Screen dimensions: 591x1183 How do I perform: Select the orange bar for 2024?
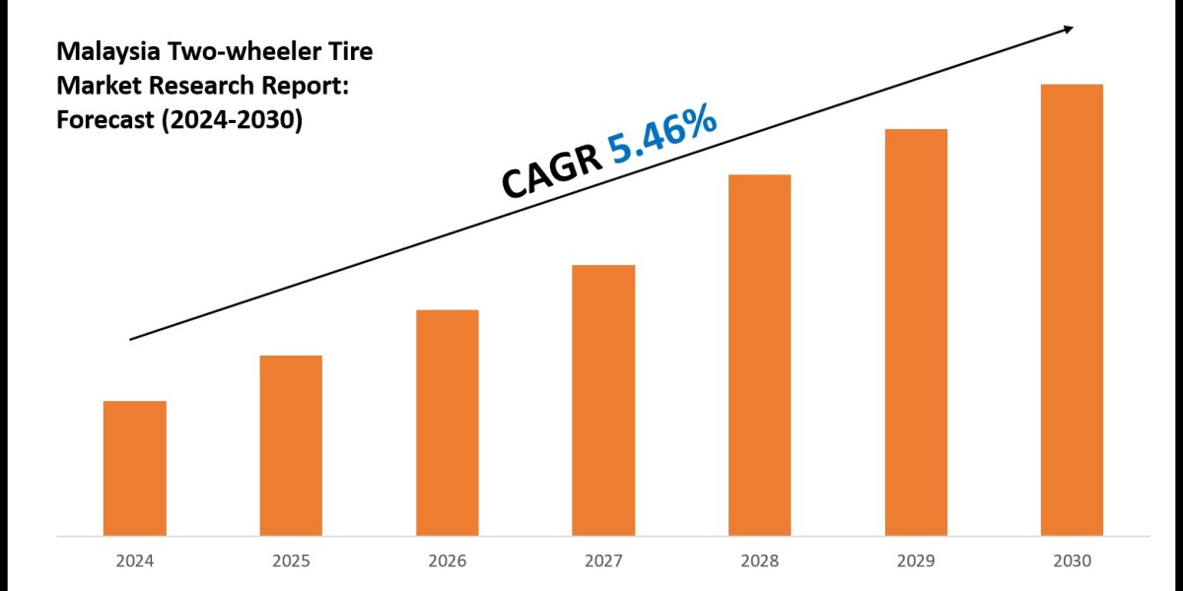click(134, 468)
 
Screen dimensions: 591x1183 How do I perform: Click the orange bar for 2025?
click(291, 445)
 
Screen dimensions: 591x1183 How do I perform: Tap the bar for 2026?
click(448, 423)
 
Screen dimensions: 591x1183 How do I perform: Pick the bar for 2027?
click(603, 400)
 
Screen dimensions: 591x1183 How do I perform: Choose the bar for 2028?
click(759, 355)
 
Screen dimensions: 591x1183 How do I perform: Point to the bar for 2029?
click(916, 332)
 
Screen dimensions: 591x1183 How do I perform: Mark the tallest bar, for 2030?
click(1072, 309)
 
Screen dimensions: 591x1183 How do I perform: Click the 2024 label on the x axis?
click(134, 560)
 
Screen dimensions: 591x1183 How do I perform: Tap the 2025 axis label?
click(291, 560)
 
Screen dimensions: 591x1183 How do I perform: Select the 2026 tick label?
click(448, 560)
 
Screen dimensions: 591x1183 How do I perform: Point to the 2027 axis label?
click(603, 560)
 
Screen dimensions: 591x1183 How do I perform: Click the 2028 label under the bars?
click(759, 560)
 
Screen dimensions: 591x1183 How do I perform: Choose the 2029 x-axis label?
click(916, 560)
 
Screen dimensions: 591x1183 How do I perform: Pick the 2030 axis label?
click(1072, 560)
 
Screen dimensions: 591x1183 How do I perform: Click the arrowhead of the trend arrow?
click(1068, 30)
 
